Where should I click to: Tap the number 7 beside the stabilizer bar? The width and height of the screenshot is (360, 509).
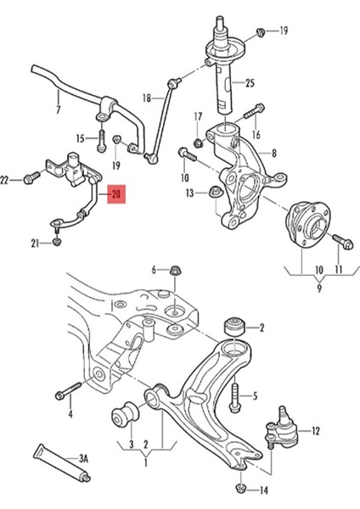coord(58,109)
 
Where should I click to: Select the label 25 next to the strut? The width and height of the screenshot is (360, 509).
coord(250,82)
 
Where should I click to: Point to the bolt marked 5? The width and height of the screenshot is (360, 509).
coord(236,394)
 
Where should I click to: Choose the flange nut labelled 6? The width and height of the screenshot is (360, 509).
coord(174,271)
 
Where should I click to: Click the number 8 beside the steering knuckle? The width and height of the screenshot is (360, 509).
coord(273,153)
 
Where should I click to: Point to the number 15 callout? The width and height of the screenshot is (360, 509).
coord(81,137)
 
